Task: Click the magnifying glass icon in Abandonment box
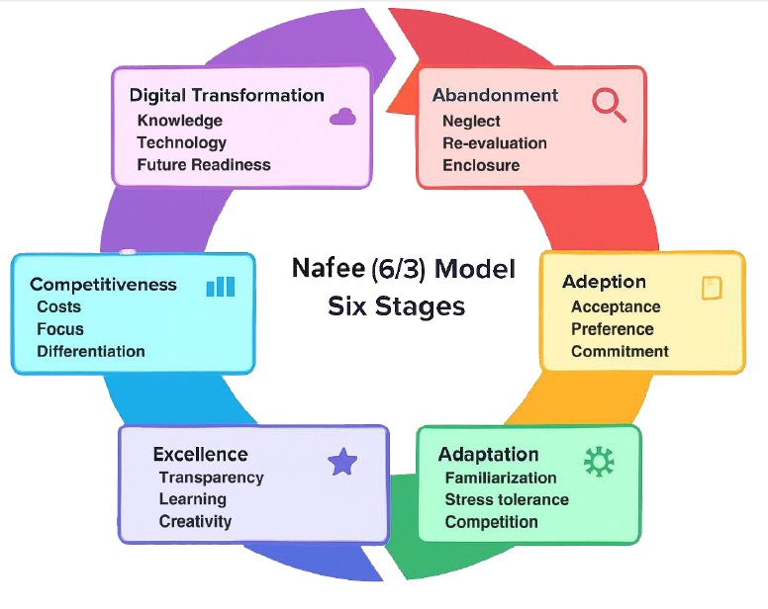[x=609, y=105]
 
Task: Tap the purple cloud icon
[x=342, y=117]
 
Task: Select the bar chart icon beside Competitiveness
[x=221, y=287]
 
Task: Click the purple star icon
[x=342, y=462]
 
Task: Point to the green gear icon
[x=599, y=462]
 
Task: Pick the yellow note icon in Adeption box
[x=713, y=288]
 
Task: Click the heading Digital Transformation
[x=227, y=95]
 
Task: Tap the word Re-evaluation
[x=495, y=142]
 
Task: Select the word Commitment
[x=620, y=351]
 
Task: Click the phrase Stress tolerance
[x=507, y=499]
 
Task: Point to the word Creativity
[x=195, y=521]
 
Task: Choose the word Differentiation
[x=91, y=351]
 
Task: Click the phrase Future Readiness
[x=204, y=165]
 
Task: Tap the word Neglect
[x=471, y=121]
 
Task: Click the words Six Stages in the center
[x=396, y=306]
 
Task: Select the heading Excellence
[x=200, y=455]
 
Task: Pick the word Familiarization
[x=501, y=478]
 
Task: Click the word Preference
[x=613, y=329]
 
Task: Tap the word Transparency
[x=212, y=478]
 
